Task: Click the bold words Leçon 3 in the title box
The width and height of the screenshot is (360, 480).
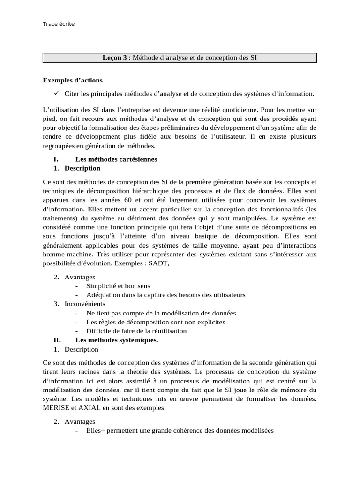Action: (115, 58)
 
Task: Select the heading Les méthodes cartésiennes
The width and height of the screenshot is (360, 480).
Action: (116, 159)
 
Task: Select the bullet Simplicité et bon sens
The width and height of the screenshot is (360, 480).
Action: (118, 286)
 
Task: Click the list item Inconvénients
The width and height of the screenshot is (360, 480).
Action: (85, 304)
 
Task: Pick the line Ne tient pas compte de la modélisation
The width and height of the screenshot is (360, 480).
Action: (161, 313)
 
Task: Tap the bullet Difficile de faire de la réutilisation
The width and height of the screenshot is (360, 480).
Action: (136, 331)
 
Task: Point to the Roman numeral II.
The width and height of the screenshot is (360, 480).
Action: (57, 340)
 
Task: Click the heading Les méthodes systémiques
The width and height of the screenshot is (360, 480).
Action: (117, 340)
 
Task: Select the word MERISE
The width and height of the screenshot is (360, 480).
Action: (57, 408)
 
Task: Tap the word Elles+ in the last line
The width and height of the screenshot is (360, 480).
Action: (96, 431)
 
